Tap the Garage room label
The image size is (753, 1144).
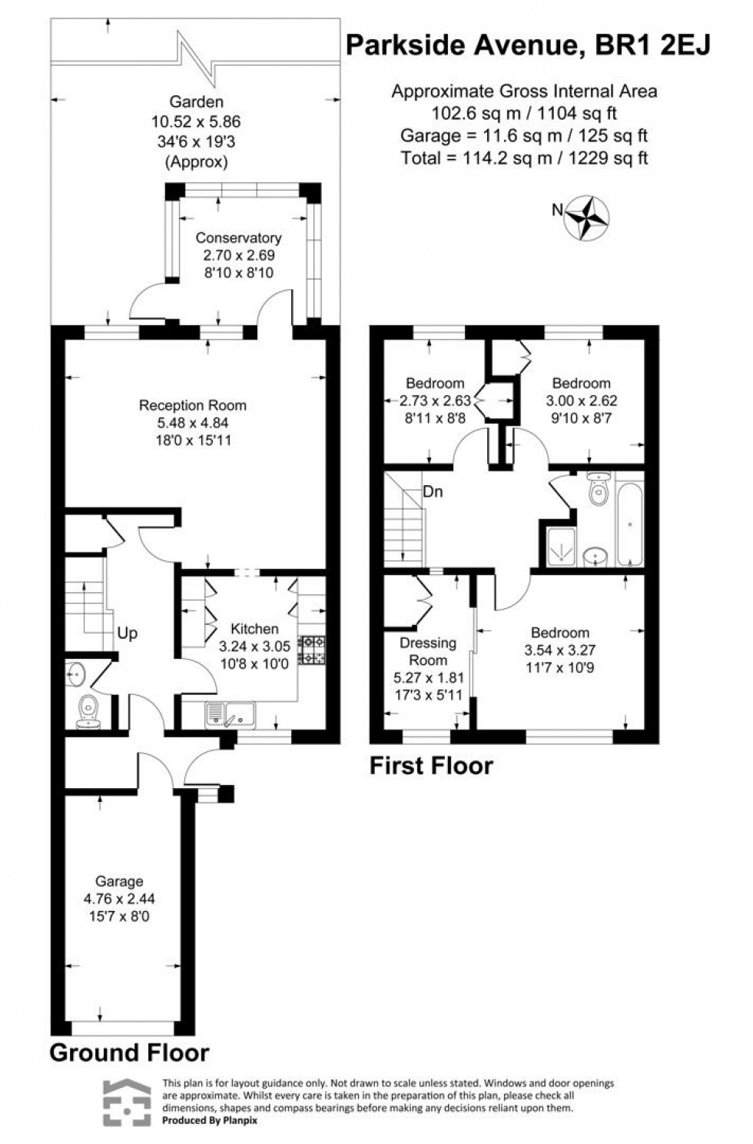(119, 881)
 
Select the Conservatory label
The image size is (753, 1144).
(238, 238)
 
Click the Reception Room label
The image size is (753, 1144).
(193, 405)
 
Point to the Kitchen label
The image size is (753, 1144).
(254, 629)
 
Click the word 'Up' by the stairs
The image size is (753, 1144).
(128, 634)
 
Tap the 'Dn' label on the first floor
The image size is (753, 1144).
(433, 492)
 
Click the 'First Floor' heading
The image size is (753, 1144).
(431, 766)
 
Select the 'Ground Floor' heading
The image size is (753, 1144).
(129, 1053)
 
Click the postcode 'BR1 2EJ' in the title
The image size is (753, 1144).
(655, 46)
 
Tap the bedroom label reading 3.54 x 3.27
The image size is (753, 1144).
(560, 650)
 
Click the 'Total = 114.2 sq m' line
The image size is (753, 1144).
(524, 158)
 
